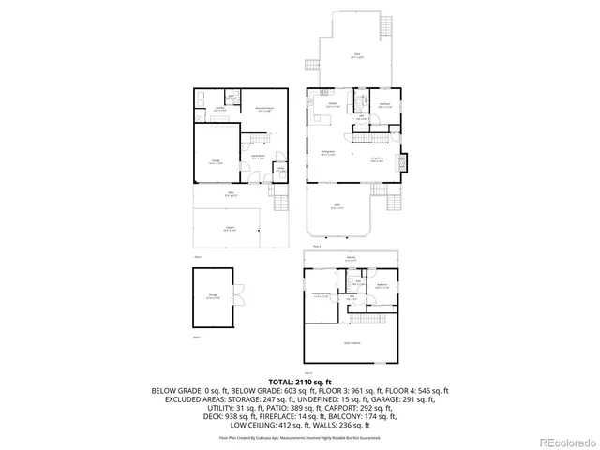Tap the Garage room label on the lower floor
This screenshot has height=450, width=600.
click(217, 161)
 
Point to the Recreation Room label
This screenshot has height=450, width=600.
click(264, 109)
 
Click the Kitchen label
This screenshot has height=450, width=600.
click(332, 105)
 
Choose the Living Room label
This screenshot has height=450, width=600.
click(377, 160)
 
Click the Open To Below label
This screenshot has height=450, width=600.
click(352, 343)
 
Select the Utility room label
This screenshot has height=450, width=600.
click(279, 170)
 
